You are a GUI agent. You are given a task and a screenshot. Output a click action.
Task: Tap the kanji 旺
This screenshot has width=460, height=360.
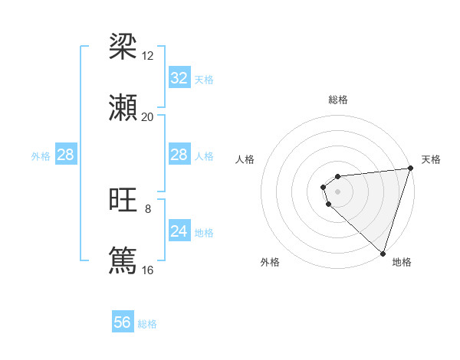click(123, 201)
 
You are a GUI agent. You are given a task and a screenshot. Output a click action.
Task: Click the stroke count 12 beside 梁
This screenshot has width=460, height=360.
click(148, 56)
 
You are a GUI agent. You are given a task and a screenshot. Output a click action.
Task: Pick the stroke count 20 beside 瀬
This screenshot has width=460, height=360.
click(147, 117)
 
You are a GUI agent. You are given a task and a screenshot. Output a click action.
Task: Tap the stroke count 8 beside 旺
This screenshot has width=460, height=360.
click(148, 209)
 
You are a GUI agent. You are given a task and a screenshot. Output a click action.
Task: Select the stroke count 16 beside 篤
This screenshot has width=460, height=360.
click(147, 270)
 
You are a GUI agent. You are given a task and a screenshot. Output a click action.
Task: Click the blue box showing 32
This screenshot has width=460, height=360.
click(179, 78)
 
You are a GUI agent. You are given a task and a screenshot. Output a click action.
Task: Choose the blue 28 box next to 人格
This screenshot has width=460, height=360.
click(179, 155)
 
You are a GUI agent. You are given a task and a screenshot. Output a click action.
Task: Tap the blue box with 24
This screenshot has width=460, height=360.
click(179, 231)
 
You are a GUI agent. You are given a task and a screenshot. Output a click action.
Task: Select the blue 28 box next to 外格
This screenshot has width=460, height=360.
click(65, 155)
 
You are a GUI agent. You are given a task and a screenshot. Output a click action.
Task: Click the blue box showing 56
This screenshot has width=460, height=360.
click(122, 322)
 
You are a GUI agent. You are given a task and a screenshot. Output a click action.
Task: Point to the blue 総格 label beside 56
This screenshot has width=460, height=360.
click(147, 324)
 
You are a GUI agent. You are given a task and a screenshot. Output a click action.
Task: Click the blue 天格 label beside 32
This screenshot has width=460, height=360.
click(204, 80)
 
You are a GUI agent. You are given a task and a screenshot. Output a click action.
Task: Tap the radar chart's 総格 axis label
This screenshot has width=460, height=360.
click(338, 100)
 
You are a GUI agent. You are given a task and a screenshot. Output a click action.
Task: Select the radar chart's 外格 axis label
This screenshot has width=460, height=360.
click(270, 263)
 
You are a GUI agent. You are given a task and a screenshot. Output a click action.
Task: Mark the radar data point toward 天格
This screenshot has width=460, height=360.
click(410, 169)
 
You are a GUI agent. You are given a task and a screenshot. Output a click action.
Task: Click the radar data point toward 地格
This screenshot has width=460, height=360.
click(383, 253)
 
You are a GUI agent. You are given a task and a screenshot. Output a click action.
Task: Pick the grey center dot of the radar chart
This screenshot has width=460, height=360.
click(338, 191)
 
